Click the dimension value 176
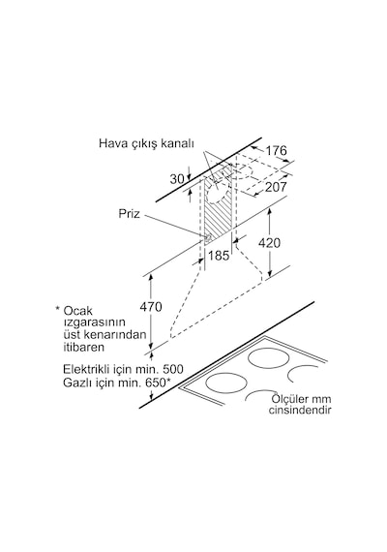click(276, 151)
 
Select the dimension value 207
click(276, 187)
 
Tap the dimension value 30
click(177, 179)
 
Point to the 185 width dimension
click(219, 256)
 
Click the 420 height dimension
click(269, 243)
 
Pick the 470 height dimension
click(151, 307)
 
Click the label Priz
click(129, 214)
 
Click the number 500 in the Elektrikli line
click(172, 369)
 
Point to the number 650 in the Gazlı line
click(155, 383)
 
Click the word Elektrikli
click(86, 369)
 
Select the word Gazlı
click(75, 383)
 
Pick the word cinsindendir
click(300, 411)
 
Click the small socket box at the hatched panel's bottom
click(208, 238)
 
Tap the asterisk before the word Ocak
click(58, 309)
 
